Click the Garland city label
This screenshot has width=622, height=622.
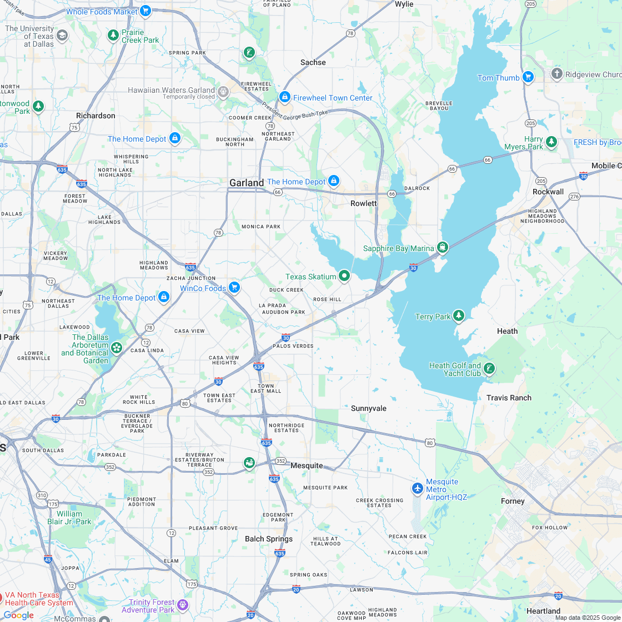point(247,183)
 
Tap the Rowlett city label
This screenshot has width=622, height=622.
point(364,203)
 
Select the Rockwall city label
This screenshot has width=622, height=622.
point(548,192)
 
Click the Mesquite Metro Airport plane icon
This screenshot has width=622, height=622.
point(418,488)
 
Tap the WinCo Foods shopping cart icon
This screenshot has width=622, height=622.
point(234,287)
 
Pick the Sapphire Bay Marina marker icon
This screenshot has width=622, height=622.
point(443,247)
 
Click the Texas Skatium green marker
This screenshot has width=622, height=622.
point(344,275)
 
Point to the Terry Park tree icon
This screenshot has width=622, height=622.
point(458,316)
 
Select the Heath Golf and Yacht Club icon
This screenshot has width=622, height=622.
point(489,368)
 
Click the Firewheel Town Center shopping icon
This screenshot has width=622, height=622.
point(285,97)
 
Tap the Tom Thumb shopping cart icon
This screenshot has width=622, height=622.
point(528,77)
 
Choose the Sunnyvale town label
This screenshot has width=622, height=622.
point(369,408)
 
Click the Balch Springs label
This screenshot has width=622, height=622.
point(269,539)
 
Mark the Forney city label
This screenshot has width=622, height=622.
point(513,501)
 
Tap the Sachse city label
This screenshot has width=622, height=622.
point(313,62)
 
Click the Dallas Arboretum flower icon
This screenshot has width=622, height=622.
point(117,348)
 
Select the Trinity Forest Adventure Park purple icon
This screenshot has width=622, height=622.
point(183,605)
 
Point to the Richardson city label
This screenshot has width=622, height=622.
point(96,116)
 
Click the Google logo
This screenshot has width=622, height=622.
point(18,615)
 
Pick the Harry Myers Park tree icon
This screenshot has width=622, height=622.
point(551,142)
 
